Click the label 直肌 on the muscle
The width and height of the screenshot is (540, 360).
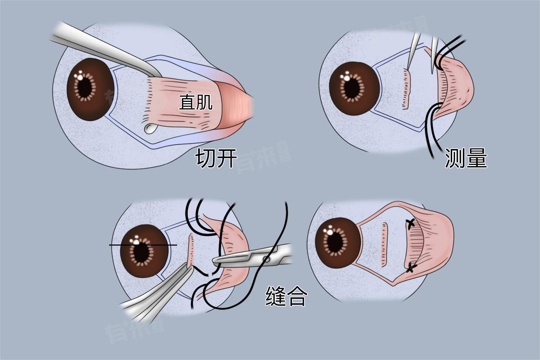[195, 102]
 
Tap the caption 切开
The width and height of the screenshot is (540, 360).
[216, 158]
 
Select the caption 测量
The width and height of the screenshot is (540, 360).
[466, 158]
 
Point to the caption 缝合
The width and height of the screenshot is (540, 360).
[287, 296]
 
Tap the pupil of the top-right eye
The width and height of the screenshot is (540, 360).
[352, 89]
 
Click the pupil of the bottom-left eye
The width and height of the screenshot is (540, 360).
[142, 252]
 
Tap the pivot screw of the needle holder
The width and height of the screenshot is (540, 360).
[266, 259]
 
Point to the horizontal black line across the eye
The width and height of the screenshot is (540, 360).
[143, 245]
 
